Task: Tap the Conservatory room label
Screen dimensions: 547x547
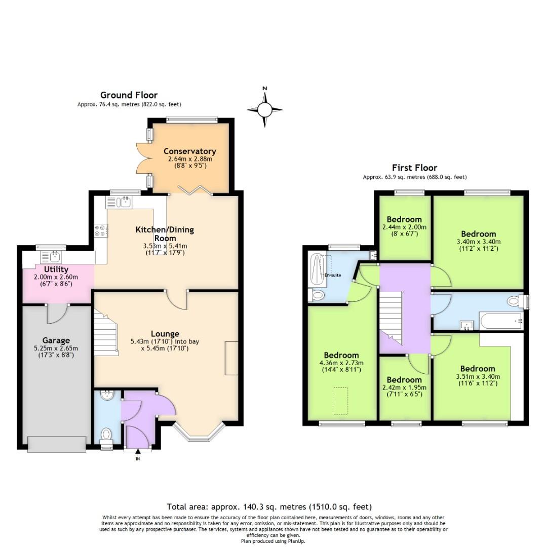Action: tap(189, 151)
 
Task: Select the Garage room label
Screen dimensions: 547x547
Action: tap(56, 340)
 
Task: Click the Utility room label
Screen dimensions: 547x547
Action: tap(56, 269)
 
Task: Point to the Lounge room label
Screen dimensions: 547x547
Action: tap(165, 334)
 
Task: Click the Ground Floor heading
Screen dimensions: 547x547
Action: tap(129, 95)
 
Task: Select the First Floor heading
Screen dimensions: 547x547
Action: tap(414, 168)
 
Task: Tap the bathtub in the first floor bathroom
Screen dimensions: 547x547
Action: tap(500, 321)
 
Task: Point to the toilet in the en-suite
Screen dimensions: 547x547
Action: tap(318, 295)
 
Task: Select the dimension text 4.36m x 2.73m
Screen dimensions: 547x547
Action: tap(341, 363)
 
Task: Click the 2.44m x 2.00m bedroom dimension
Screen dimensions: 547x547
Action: tap(404, 227)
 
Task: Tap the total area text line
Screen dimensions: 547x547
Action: tap(269, 506)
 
